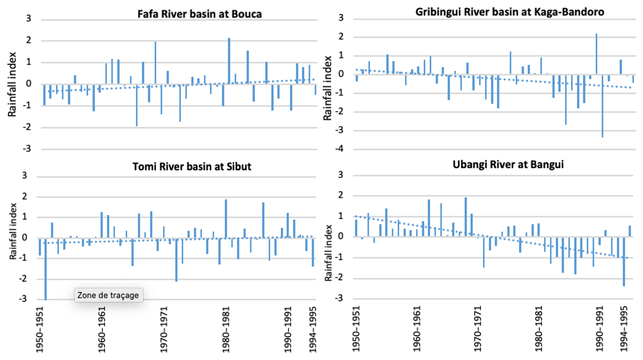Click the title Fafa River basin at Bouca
coord(200,14)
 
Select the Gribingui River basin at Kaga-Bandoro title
coord(510,12)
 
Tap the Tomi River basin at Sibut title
coord(192,167)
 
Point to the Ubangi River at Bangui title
coord(508,164)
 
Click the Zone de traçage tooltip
coord(108,295)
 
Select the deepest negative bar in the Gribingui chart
coord(602,106)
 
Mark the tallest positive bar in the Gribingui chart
coord(596,54)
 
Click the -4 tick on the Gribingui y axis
coord(339,149)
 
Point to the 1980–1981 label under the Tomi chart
coord(226,329)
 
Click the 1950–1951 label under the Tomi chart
coord(40,329)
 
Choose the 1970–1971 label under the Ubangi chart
coord(478,329)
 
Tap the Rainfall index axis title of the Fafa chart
coord(12,84)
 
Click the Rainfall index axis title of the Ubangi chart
coord(328,253)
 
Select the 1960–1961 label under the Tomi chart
coord(102,329)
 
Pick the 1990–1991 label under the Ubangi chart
coord(599,329)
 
